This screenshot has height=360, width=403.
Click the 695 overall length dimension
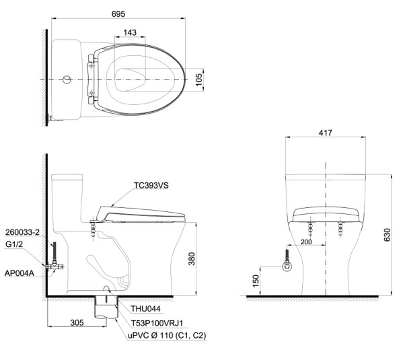click(118, 14)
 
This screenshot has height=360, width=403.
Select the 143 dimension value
click(130, 33)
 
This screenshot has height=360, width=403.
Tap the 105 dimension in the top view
click(199, 79)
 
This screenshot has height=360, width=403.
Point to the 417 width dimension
click(326, 133)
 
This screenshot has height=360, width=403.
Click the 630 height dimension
click(387, 235)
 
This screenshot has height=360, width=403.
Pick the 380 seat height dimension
click(192, 258)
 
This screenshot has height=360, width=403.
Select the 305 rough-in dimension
click(77, 322)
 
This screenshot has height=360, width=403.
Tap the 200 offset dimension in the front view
click(306, 242)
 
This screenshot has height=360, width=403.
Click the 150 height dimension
click(256, 281)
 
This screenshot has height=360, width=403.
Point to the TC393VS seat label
click(151, 186)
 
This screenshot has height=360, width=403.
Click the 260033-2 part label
click(22, 232)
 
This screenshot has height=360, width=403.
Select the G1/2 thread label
click(14, 244)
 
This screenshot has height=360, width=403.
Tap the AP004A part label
click(20, 273)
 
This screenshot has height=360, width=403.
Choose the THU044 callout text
click(145, 309)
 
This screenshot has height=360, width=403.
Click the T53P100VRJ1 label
click(157, 323)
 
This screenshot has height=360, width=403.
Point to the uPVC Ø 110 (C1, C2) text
click(167, 336)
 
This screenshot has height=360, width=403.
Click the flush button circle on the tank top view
click(67, 79)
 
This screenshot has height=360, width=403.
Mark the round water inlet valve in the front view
click(287, 266)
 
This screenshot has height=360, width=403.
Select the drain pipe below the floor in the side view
click(106, 308)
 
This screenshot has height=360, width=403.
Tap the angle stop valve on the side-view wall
click(54, 266)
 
